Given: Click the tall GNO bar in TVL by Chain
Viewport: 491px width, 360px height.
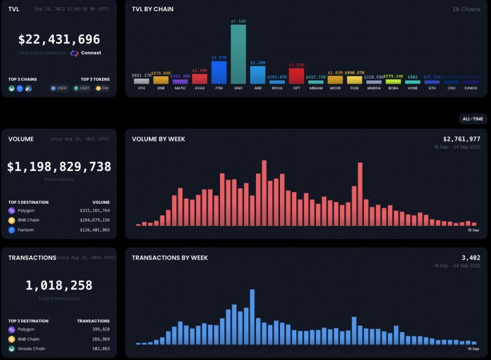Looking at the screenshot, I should (x=238, y=54).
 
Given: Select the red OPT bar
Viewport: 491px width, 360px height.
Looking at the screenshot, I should (x=296, y=76).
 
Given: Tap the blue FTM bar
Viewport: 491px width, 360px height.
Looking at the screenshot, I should (x=219, y=72).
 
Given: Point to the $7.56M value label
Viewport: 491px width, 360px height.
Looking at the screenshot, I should (x=238, y=21).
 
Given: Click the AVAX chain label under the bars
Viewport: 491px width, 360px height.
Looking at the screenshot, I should (x=199, y=88).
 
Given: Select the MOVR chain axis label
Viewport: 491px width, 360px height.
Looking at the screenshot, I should (x=335, y=88).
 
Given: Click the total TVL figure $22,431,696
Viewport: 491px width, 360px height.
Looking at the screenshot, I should (x=59, y=40).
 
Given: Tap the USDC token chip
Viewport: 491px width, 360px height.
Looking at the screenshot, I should (x=58, y=88).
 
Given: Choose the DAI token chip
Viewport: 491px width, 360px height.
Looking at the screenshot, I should (x=102, y=88).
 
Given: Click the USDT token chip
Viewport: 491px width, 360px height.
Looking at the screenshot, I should (x=81, y=88).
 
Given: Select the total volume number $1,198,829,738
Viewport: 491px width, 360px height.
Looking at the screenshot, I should (x=59, y=167).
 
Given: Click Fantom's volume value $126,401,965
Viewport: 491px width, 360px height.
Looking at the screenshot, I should (x=94, y=230).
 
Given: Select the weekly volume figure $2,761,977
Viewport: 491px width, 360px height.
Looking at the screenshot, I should (x=461, y=139).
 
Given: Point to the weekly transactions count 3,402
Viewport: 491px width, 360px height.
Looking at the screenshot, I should (x=471, y=258).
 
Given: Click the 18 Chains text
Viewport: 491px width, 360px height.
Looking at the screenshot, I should (x=466, y=10).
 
